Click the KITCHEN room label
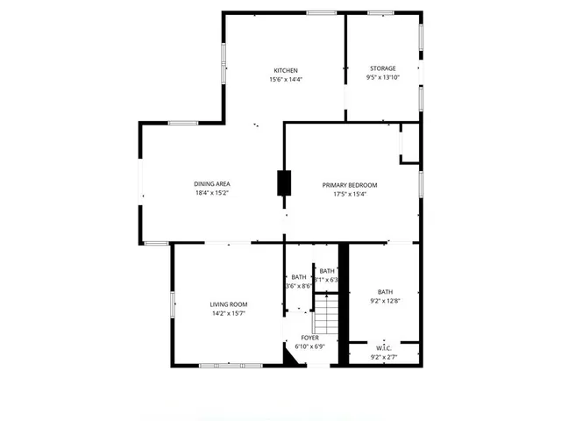click(x=286, y=70)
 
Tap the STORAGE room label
click(x=382, y=68)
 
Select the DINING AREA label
click(x=212, y=183)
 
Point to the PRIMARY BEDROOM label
click(x=349, y=184)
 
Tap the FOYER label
click(x=310, y=337)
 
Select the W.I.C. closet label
click(x=384, y=348)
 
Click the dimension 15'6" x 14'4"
click(x=286, y=80)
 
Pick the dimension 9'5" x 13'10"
click(x=382, y=78)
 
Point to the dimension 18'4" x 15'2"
click(x=212, y=193)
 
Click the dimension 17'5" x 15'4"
click(x=349, y=194)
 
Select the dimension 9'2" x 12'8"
click(x=386, y=302)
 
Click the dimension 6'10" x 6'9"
click(x=310, y=346)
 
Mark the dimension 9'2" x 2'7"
click(x=384, y=357)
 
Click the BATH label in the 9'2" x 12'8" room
click(x=386, y=292)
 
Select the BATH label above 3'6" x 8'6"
click(x=299, y=277)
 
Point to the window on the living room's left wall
click(x=173, y=303)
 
